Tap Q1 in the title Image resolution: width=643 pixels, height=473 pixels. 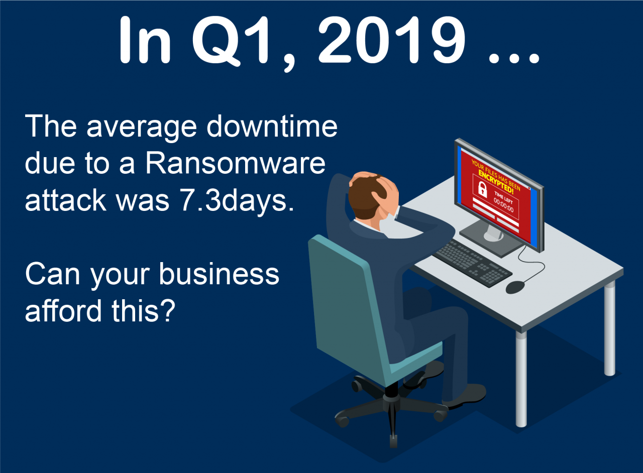(x=231, y=41)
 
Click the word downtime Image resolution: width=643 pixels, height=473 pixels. (x=272, y=127)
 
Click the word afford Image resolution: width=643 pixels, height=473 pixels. (x=63, y=310)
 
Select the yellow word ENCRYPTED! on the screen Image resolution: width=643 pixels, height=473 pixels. (x=495, y=181)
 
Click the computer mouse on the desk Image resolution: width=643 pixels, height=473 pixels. (x=515, y=287)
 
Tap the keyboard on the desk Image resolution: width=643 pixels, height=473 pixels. (x=472, y=263)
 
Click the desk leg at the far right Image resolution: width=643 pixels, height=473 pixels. (x=609, y=328)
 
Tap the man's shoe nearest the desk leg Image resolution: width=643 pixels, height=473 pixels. (x=465, y=396)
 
